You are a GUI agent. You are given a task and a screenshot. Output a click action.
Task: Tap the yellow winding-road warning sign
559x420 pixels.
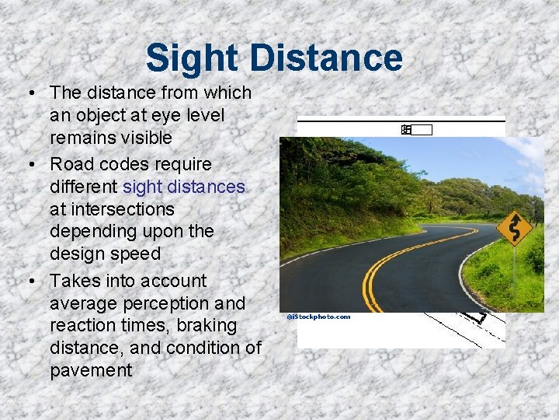(x=514, y=227)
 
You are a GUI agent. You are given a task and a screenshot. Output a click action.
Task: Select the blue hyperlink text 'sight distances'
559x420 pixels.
(x=183, y=187)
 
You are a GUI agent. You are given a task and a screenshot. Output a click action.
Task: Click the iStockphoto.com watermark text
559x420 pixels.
(x=318, y=317)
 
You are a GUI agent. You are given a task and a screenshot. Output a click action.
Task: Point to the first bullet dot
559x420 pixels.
(x=29, y=94)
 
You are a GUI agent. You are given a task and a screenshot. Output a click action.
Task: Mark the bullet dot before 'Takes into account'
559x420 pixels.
(x=29, y=282)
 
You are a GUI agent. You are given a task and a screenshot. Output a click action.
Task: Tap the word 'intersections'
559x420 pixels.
(x=113, y=209)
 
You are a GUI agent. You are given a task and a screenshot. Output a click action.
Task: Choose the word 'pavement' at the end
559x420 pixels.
(x=91, y=370)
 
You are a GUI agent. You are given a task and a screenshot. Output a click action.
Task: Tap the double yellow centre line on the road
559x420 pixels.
(x=388, y=261)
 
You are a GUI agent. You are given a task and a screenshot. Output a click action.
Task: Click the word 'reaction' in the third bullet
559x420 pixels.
(x=82, y=325)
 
